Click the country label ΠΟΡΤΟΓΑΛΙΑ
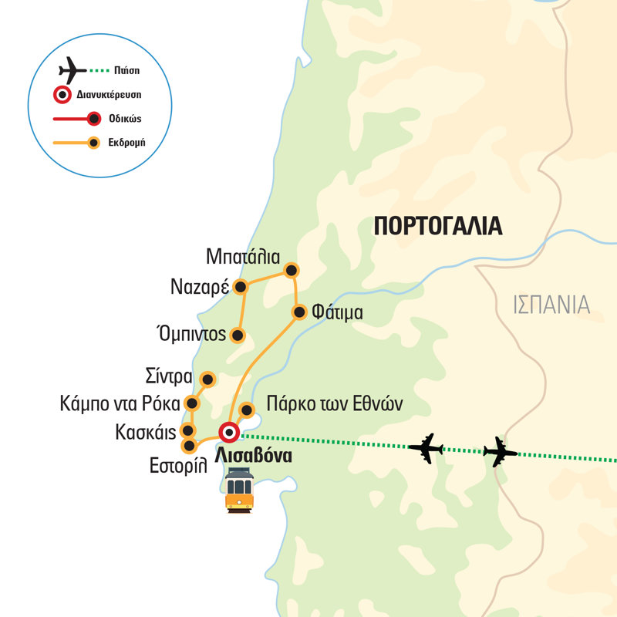pos(437,226)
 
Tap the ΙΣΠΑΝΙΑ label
pos(551,305)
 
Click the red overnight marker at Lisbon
pos(229,431)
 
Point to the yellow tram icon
pos(239,491)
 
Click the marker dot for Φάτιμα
pos(298,312)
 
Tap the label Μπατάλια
pos(244,256)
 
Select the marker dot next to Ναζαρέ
pos(241,288)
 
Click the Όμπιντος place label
pos(190,334)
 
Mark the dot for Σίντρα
pos(207,379)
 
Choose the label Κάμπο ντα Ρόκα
pos(119,403)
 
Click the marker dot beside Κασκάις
pos(187,431)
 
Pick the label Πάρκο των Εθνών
pos(334,403)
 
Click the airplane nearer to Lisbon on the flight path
pos(426,447)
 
